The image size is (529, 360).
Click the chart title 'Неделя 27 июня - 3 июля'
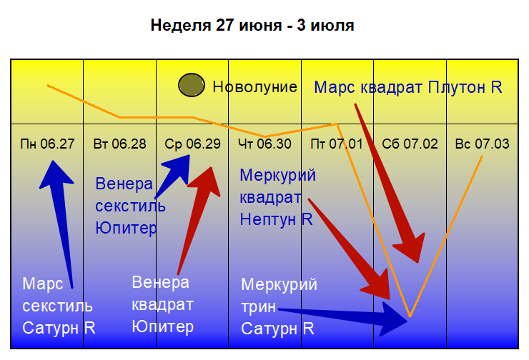pos(252,26)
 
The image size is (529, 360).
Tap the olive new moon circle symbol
pos(191,86)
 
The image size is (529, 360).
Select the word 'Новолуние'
pos(254,87)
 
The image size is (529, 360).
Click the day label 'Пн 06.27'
pos(48,144)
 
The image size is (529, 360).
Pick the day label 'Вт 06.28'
pos(120,144)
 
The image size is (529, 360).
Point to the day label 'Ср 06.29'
pos(192,144)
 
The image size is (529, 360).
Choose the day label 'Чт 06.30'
pos(264,144)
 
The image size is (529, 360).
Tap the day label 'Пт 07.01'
pos(337,144)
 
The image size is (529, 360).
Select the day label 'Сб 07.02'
pos(410,144)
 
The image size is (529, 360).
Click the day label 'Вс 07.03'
pos(482,144)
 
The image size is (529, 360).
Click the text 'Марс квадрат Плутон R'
pos(408,88)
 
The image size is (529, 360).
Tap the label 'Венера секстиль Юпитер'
pos(130,206)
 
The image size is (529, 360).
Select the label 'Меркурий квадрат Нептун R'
pos(277,197)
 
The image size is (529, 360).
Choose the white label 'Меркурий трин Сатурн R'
pos(279,307)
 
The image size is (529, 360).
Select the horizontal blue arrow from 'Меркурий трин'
pos(350,315)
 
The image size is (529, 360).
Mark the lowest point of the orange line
pos(410,316)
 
